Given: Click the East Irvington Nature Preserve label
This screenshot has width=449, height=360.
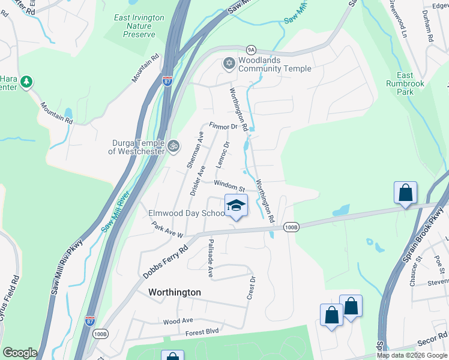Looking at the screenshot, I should point(139,26).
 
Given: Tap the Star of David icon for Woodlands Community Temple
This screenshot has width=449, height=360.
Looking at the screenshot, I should point(229,63).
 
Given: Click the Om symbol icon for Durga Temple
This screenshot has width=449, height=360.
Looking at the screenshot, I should point(173,146).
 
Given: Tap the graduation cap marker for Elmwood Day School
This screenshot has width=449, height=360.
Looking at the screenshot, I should point(236,206).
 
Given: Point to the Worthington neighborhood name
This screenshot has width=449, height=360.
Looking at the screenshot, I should point(174,292).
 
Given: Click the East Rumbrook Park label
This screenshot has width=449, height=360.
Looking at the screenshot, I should point(413,84).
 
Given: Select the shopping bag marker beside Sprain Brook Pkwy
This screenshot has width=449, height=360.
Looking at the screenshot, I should point(406,193).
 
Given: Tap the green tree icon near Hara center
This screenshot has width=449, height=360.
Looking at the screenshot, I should point(26,82).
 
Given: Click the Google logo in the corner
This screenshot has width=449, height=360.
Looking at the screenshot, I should point(20,353).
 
